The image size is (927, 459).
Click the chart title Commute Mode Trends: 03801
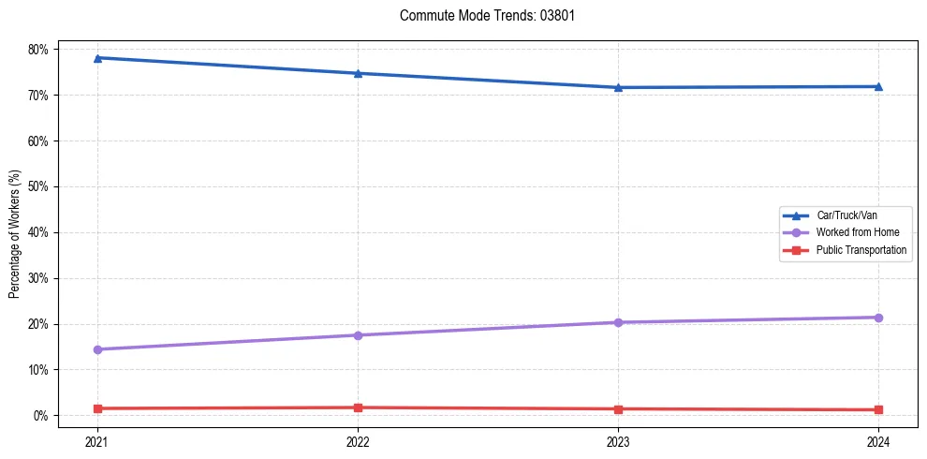point(480,16)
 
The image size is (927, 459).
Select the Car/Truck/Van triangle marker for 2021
point(97,58)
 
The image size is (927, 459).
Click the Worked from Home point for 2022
point(358,335)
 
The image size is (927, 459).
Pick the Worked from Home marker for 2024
point(878,318)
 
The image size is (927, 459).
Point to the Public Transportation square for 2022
point(358,407)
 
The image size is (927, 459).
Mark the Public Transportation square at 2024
point(878,409)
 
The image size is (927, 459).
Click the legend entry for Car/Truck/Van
point(846,215)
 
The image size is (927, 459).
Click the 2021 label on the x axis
point(97,441)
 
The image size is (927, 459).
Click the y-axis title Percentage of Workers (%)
point(15,233)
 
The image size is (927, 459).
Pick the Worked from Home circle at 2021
point(97,349)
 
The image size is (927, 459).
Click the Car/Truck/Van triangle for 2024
point(878,87)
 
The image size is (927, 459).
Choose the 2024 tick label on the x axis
point(878,441)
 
